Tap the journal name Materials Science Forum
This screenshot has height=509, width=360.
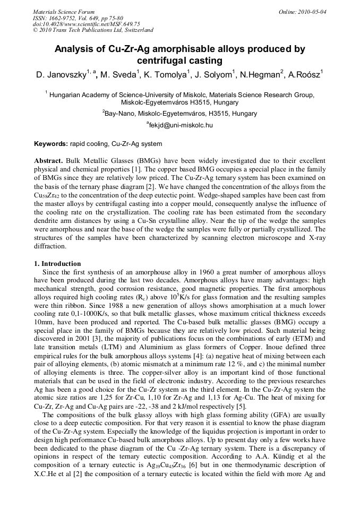click(x=64, y=12)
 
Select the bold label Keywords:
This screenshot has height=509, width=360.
click(x=51, y=144)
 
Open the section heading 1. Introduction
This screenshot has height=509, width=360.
click(x=57, y=264)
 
